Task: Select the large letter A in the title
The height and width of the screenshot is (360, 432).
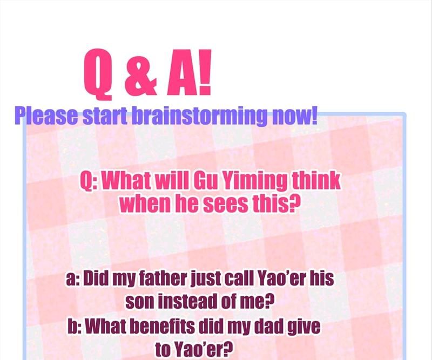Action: pyautogui.click(x=183, y=72)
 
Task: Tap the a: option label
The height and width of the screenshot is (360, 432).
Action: pyautogui.click(x=73, y=279)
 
